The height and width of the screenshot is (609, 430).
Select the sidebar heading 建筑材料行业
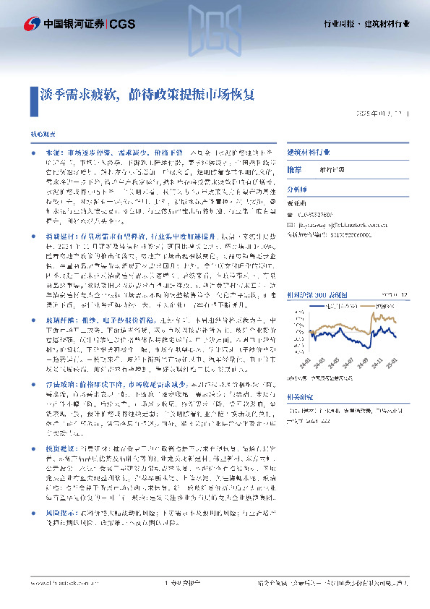(x=309, y=153)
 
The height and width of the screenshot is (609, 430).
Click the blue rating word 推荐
(x=295, y=168)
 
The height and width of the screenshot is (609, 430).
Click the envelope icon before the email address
(x=291, y=205)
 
